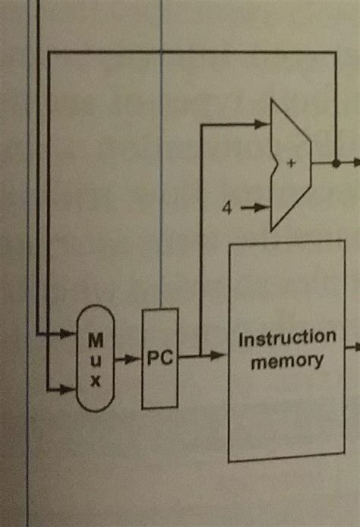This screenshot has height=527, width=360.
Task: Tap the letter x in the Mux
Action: [x=96, y=382]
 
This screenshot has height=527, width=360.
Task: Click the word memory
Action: [x=287, y=360]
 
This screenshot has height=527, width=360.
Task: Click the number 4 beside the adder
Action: [x=226, y=206]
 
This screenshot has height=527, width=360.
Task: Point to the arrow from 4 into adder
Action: [x=254, y=206]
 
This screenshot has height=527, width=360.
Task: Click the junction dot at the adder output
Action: [x=335, y=162]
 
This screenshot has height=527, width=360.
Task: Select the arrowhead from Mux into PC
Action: [x=135, y=357]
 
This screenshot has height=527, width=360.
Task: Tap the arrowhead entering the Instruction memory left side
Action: [x=220, y=355]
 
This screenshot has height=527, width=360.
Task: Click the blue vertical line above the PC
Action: [x=161, y=152]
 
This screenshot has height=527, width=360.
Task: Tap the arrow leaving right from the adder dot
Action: [x=354, y=162]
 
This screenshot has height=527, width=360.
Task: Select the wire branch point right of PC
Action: [x=200, y=355]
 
